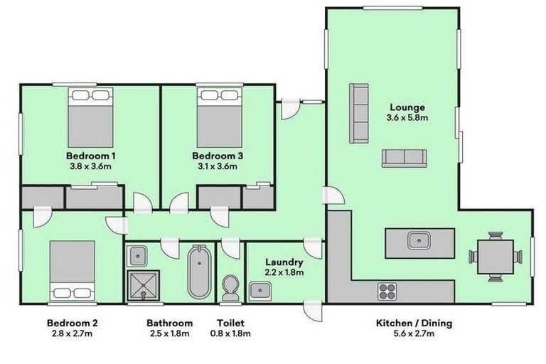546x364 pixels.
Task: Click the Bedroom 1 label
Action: [91, 156]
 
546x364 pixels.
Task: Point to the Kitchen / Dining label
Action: [414, 323]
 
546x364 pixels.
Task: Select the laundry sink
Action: [259, 290]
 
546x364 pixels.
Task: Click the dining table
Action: [496, 257]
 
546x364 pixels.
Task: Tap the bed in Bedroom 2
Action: [72, 269]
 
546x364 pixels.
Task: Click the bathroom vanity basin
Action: [139, 255]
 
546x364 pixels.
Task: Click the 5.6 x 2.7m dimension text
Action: [414, 333]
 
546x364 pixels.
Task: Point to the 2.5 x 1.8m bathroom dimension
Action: [169, 333]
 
